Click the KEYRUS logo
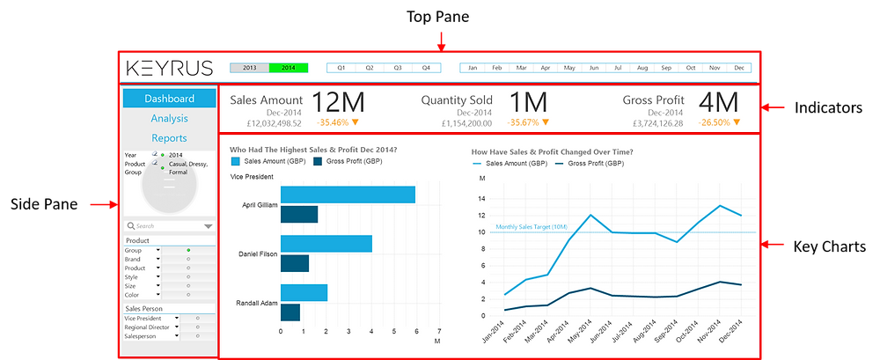tap(169, 68)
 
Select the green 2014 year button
tap(289, 68)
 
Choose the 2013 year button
tap(249, 68)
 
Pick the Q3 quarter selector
tap(398, 68)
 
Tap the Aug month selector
tap(642, 68)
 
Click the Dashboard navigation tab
tap(169, 99)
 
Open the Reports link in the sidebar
tap(169, 138)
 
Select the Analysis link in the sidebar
tap(169, 119)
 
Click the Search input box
tap(163, 226)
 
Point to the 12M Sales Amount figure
tap(337, 101)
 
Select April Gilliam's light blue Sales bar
tap(348, 195)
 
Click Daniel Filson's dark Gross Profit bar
tap(294, 263)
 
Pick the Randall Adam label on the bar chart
tap(257, 303)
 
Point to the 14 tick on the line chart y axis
tap(482, 199)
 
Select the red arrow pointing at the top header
tap(442, 40)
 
